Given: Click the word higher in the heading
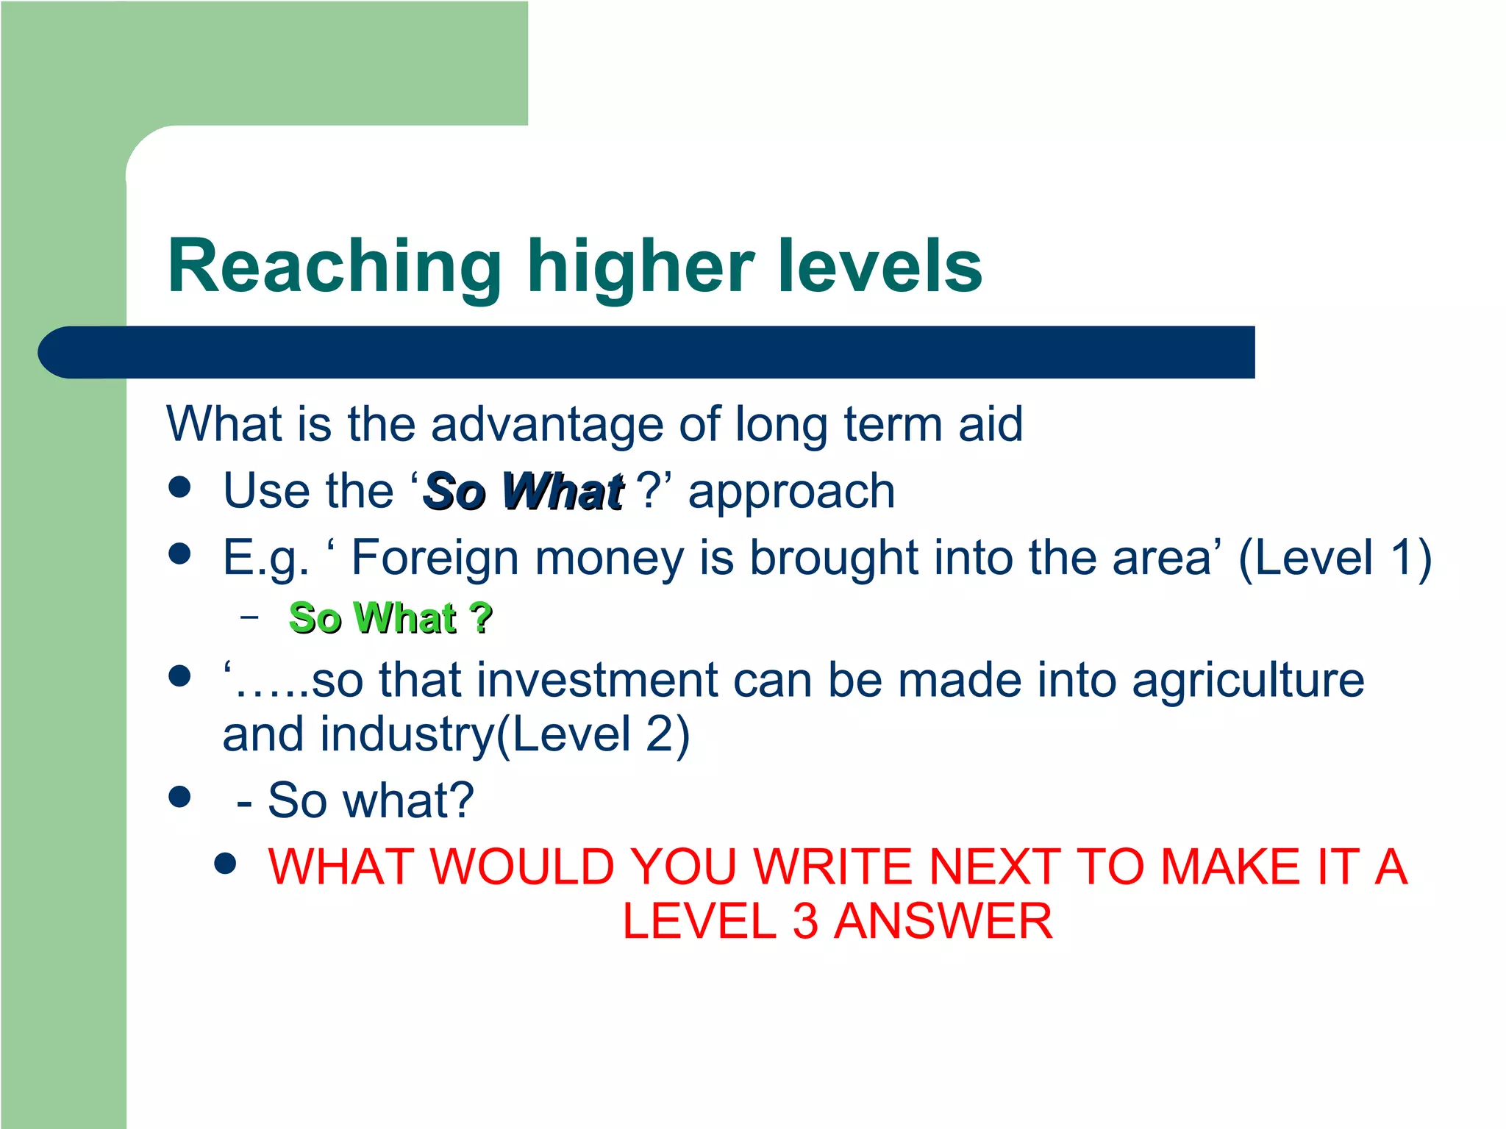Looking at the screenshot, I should (640, 266).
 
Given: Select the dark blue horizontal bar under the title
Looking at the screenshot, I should (647, 352).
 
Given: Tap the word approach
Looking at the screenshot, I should (791, 492).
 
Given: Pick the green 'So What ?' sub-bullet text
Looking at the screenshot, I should (390, 617).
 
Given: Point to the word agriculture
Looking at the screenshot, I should (1248, 679).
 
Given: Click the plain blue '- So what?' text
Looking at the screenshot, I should (355, 800).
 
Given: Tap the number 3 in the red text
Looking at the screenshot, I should (805, 921).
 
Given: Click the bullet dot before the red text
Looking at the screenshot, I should (225, 864).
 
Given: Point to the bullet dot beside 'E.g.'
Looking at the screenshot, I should (179, 553).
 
